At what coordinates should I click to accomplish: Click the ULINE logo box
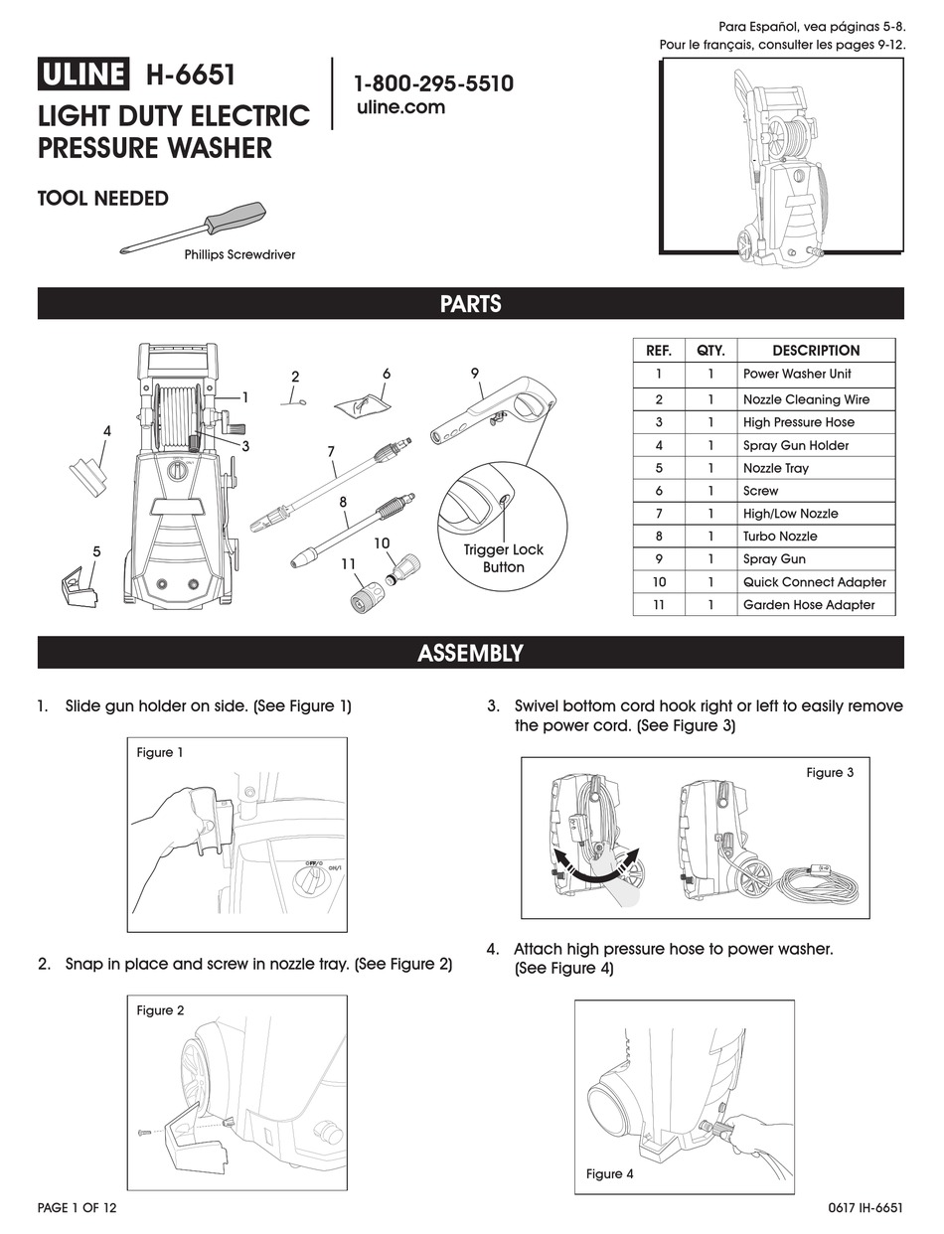(x=83, y=76)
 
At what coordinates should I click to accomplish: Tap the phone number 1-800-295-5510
(x=434, y=83)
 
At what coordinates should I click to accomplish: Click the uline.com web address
(x=400, y=107)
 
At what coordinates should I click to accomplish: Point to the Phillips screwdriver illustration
(x=195, y=228)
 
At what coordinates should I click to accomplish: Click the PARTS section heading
(x=471, y=304)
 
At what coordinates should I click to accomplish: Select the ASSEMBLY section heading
(x=471, y=653)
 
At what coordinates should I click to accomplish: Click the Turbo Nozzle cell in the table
(x=780, y=537)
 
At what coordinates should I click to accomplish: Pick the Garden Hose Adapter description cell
(x=809, y=605)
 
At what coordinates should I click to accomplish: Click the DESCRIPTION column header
(x=815, y=351)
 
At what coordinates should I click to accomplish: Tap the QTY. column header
(x=710, y=351)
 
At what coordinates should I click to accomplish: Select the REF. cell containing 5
(x=659, y=468)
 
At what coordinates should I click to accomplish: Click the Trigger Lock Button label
(x=503, y=558)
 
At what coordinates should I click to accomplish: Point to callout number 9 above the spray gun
(x=475, y=373)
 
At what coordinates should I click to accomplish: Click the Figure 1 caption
(x=160, y=753)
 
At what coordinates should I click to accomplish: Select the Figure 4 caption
(x=609, y=1174)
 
